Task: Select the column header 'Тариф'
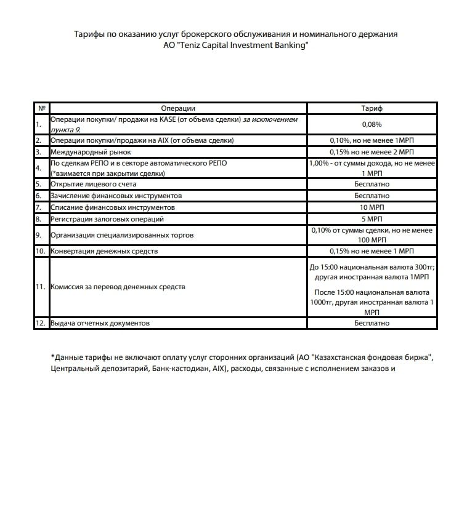[372, 108]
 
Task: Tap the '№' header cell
[41, 108]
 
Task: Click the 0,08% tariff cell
[372, 124]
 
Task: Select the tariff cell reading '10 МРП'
[372, 207]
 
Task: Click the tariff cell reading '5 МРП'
[372, 219]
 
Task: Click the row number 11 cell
[41, 287]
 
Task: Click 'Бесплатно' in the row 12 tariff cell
[372, 323]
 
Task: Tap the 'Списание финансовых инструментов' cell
[113, 207]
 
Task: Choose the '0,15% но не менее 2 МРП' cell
[372, 152]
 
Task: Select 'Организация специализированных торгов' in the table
[122, 235]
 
